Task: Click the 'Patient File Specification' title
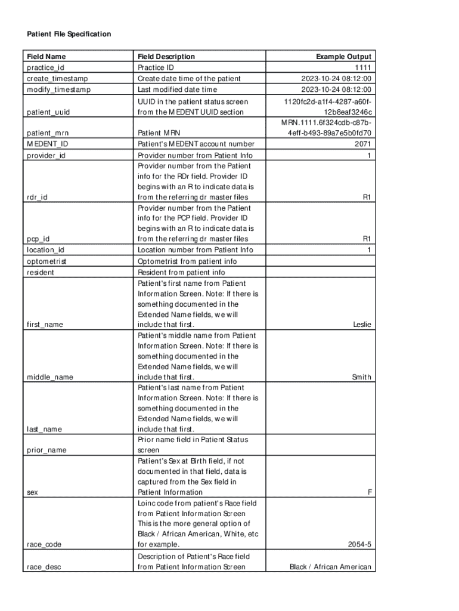click(x=69, y=35)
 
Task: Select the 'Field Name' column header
click(x=46, y=57)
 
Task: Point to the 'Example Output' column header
click(x=343, y=57)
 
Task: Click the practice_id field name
click(x=45, y=68)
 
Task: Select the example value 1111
click(x=363, y=68)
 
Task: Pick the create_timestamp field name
click(x=57, y=79)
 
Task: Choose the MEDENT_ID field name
click(x=47, y=144)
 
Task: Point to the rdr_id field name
click(x=38, y=197)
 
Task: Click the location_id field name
click(x=45, y=250)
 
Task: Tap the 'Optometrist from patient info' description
click(x=187, y=261)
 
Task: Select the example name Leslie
click(x=362, y=325)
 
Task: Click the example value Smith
click(x=361, y=377)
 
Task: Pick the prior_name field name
click(x=46, y=450)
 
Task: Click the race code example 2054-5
click(x=360, y=544)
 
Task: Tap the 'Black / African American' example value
click(x=330, y=567)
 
